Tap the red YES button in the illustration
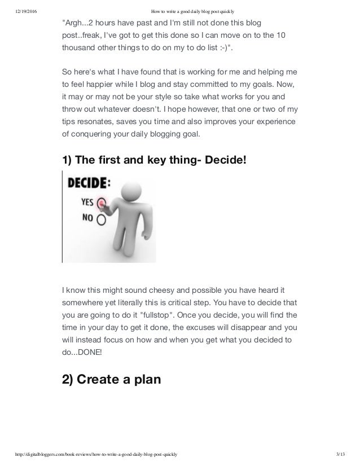(102, 201)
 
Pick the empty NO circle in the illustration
(102, 217)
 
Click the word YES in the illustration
(88, 201)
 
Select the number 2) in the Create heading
(69, 379)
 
